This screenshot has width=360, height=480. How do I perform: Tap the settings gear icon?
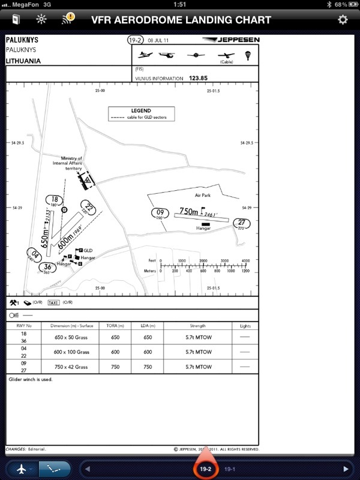tap(343, 19)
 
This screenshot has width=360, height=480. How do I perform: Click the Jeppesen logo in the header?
tap(232, 40)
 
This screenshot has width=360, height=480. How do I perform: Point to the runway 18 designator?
tap(55, 201)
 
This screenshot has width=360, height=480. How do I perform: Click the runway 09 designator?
tap(160, 213)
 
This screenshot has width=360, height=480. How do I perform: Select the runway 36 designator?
tap(46, 269)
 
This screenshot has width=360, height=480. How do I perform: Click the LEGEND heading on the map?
tap(141, 111)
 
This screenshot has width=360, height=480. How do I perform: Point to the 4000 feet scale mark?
tap(245, 261)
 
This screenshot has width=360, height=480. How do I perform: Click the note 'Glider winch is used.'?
tap(31, 380)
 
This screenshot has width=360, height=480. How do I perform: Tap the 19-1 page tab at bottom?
tap(230, 469)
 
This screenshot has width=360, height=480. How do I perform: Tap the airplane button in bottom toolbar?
tap(22, 469)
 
